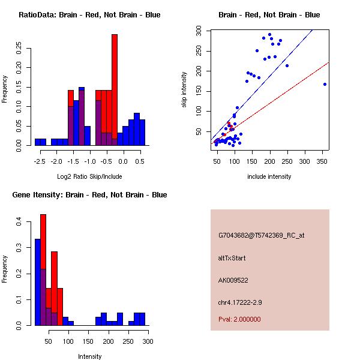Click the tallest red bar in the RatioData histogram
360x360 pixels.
click(x=115, y=89)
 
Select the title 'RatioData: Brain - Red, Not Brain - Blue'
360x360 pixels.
click(x=89, y=15)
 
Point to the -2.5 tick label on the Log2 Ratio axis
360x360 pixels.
click(x=40, y=161)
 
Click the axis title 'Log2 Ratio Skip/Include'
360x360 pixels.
click(x=89, y=176)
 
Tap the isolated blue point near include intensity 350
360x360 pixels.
click(x=325, y=84)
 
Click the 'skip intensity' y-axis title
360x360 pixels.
click(x=184, y=89)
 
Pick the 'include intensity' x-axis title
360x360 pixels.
click(x=269, y=176)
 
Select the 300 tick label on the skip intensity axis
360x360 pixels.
click(x=199, y=31)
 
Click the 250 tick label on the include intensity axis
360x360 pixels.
click(x=287, y=161)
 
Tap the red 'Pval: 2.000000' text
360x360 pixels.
click(x=239, y=319)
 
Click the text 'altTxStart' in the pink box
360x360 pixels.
click(x=232, y=258)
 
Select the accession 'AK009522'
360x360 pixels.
click(x=233, y=280)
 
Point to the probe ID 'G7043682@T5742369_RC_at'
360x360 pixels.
click(x=261, y=236)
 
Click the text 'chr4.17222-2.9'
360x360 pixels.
click(x=240, y=302)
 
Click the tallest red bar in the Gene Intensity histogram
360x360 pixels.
click(x=43, y=270)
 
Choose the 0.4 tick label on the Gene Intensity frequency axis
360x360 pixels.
click(x=19, y=222)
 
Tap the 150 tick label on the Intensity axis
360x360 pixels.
click(x=88, y=341)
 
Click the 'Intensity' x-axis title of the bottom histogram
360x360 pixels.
click(x=90, y=356)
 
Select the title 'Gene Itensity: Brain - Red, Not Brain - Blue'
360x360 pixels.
click(x=89, y=195)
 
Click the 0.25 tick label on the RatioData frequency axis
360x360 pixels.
click(x=19, y=48)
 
